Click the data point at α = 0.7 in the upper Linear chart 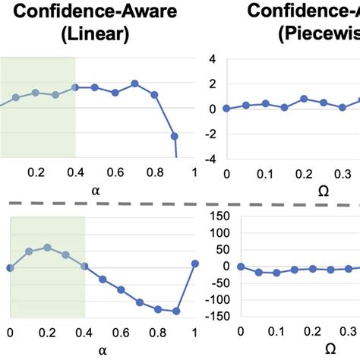(134, 84)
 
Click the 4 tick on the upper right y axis (213, 59)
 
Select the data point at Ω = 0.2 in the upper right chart (304, 99)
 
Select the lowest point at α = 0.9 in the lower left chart (176, 311)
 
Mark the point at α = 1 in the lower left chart (195, 263)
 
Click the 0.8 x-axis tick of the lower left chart (158, 332)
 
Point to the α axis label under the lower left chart (103, 350)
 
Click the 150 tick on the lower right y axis (221, 217)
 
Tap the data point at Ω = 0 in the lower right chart (241, 267)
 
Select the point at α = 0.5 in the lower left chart (103, 276)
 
